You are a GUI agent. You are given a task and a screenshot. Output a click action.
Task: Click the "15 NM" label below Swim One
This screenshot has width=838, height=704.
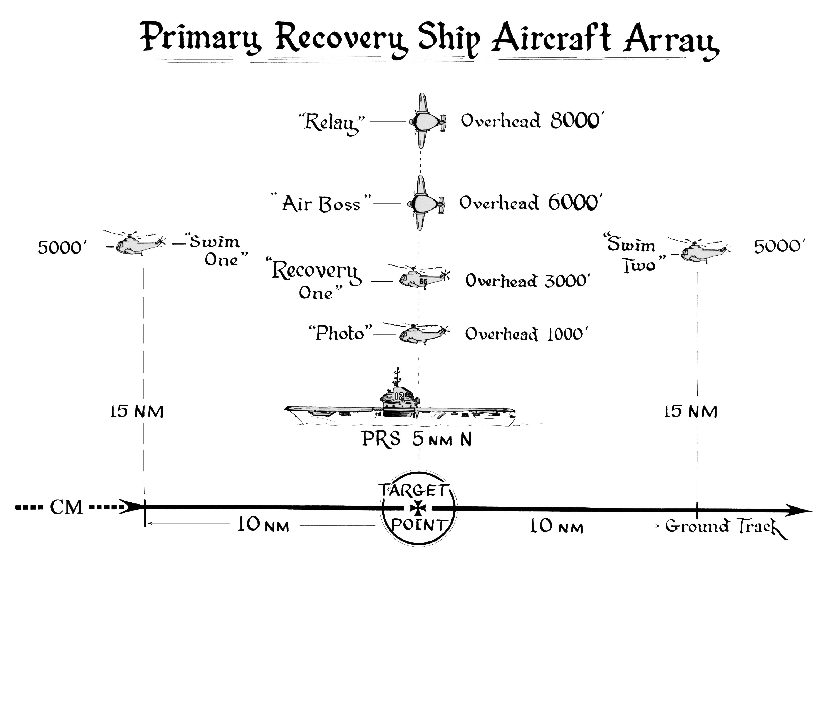tap(136, 412)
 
